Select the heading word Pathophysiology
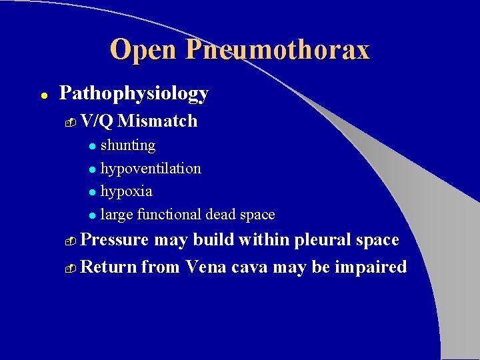[134, 93]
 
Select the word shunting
[127, 145]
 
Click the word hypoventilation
[151, 168]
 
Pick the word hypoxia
[126, 191]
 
